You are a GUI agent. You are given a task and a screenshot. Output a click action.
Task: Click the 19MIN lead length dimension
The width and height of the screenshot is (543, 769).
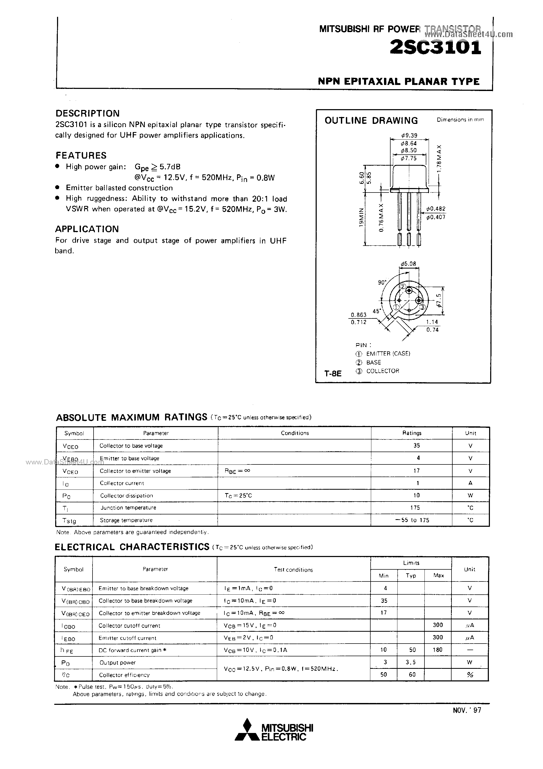pos(361,218)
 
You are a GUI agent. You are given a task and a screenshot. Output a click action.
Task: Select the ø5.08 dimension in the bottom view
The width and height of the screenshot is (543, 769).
pos(408,264)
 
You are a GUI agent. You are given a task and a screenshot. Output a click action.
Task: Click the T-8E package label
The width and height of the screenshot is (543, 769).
pos(333,373)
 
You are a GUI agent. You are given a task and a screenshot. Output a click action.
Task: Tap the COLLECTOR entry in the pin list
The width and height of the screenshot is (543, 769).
pos(383,371)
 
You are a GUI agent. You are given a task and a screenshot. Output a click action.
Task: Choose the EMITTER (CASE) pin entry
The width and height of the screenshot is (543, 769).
pos(388,354)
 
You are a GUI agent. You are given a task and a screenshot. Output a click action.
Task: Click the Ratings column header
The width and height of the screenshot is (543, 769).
pos(412,433)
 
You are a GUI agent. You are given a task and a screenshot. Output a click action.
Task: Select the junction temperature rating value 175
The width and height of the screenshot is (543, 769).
pos(415,508)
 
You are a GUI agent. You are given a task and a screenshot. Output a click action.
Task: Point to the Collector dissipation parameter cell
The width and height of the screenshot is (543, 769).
pos(126,496)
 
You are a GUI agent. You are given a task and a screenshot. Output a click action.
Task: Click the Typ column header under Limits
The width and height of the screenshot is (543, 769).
pos(411,575)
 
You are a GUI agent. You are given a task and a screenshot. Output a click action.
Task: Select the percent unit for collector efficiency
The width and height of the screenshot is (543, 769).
pos(470,675)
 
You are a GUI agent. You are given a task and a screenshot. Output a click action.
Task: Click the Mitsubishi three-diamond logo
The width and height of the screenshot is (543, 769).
pos(247,730)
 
